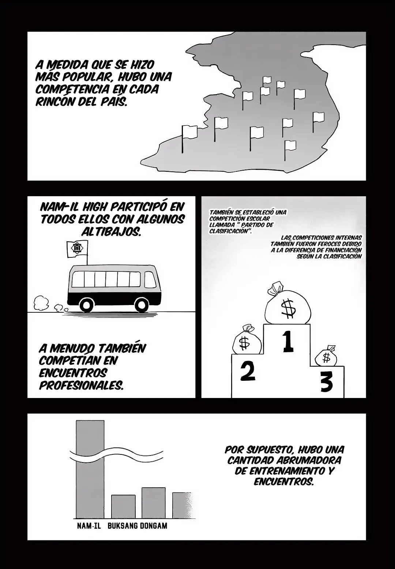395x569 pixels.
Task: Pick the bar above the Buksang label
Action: pos(123,506)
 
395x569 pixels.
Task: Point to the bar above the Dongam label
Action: pos(154,503)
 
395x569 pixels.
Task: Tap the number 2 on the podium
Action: pos(248,371)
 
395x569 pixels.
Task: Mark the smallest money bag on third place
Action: pos(326,356)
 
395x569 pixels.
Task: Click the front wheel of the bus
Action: pos(142,305)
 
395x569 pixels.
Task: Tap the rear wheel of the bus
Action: pos(88,305)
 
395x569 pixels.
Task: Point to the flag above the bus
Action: pos(77,249)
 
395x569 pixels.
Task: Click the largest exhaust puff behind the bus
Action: pos(41,303)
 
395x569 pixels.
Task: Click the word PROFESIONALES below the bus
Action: pos(81,385)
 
